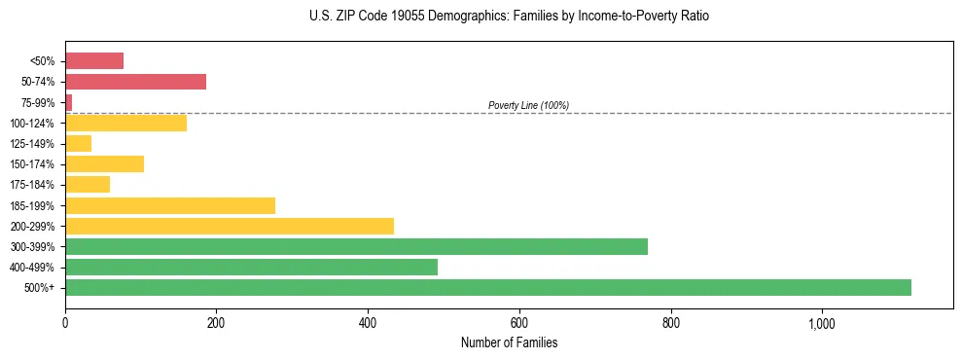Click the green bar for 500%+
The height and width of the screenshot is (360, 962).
(x=487, y=287)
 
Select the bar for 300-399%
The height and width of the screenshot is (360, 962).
(x=356, y=246)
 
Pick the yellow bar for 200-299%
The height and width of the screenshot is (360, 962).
(x=229, y=226)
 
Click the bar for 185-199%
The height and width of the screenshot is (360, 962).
(x=169, y=205)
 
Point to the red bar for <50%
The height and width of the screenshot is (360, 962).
(x=94, y=61)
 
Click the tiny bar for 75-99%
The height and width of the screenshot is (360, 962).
(x=68, y=102)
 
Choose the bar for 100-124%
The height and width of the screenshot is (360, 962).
(x=125, y=123)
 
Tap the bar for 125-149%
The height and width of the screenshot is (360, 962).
(x=78, y=143)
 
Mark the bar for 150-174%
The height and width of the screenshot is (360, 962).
(x=104, y=163)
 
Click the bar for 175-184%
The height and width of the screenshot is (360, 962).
(x=88, y=184)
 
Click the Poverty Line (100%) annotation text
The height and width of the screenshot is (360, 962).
(x=528, y=105)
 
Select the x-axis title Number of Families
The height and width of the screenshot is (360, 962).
(x=509, y=342)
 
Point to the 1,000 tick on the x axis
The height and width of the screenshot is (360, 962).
(x=821, y=322)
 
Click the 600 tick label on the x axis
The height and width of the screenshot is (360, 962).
(x=518, y=322)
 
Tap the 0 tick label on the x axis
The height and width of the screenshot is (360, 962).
(x=65, y=322)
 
